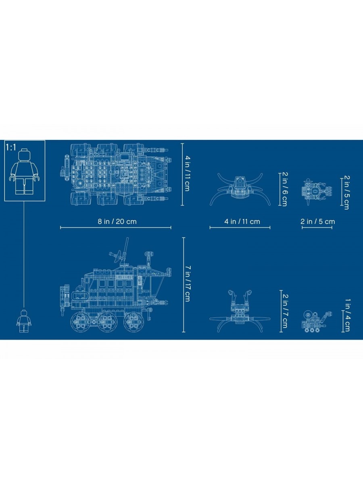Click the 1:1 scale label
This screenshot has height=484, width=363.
click(x=11, y=147)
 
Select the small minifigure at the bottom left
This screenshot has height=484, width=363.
click(x=24, y=321)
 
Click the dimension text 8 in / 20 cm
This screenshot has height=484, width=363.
click(x=117, y=221)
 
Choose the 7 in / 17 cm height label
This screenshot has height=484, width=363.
click(x=187, y=284)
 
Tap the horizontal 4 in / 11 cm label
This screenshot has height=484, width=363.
click(x=242, y=221)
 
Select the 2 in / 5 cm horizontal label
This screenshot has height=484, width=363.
click(x=317, y=221)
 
